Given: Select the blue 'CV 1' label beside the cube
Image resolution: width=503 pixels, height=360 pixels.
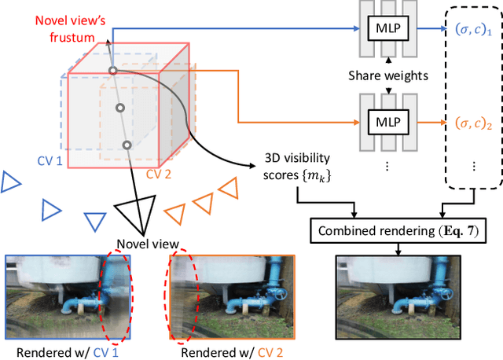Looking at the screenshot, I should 50,161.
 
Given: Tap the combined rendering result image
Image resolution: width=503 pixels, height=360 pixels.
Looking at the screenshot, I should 397,296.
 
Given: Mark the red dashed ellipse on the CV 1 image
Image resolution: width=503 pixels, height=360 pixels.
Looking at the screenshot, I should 116,296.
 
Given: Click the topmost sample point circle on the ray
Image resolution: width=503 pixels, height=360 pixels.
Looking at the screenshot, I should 112,72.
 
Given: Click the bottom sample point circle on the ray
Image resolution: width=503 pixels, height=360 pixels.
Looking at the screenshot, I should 127,145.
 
